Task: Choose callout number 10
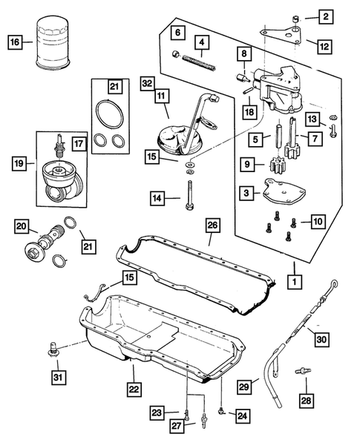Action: (x=317, y=221)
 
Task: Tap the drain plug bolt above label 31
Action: (x=54, y=347)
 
